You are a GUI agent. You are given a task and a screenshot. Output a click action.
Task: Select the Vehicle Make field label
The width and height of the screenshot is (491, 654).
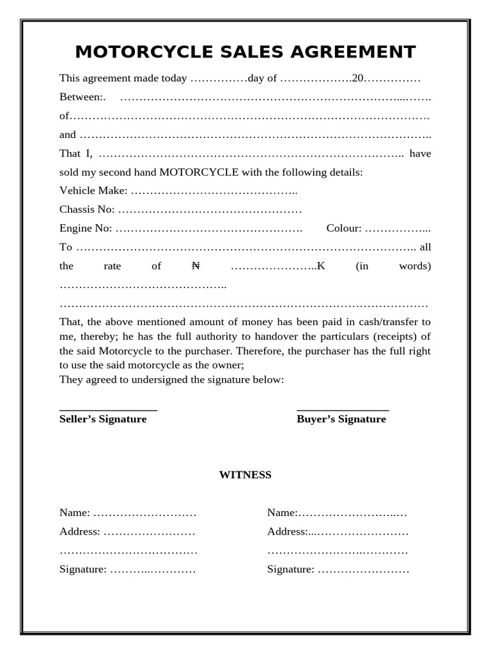pos(93,190)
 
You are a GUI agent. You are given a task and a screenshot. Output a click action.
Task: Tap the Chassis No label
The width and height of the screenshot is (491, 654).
pos(87,209)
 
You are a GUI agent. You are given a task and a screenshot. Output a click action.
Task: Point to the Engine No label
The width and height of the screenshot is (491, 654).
pos(86,228)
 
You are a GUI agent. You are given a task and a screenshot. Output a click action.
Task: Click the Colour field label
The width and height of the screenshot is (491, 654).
pos(344,228)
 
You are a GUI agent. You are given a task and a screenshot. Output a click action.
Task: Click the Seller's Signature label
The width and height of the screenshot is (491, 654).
pos(103,419)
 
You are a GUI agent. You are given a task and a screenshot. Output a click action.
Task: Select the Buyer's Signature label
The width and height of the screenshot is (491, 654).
pos(341,419)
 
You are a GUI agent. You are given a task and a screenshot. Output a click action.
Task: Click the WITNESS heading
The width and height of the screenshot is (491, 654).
pos(245,475)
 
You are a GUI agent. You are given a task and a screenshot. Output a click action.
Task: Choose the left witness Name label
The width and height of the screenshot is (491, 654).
pos(75,513)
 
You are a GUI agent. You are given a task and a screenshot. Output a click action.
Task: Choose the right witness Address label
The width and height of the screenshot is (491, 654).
pos(287,531)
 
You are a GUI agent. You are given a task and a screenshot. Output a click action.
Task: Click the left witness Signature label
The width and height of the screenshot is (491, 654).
pos(82,569)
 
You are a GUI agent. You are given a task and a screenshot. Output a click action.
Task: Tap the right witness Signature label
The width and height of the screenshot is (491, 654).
pos(290,569)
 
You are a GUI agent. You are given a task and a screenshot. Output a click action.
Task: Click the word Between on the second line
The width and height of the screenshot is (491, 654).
pos(81,97)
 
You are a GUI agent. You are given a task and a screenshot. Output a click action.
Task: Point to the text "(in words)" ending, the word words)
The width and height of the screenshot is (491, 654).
pos(415,266)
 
